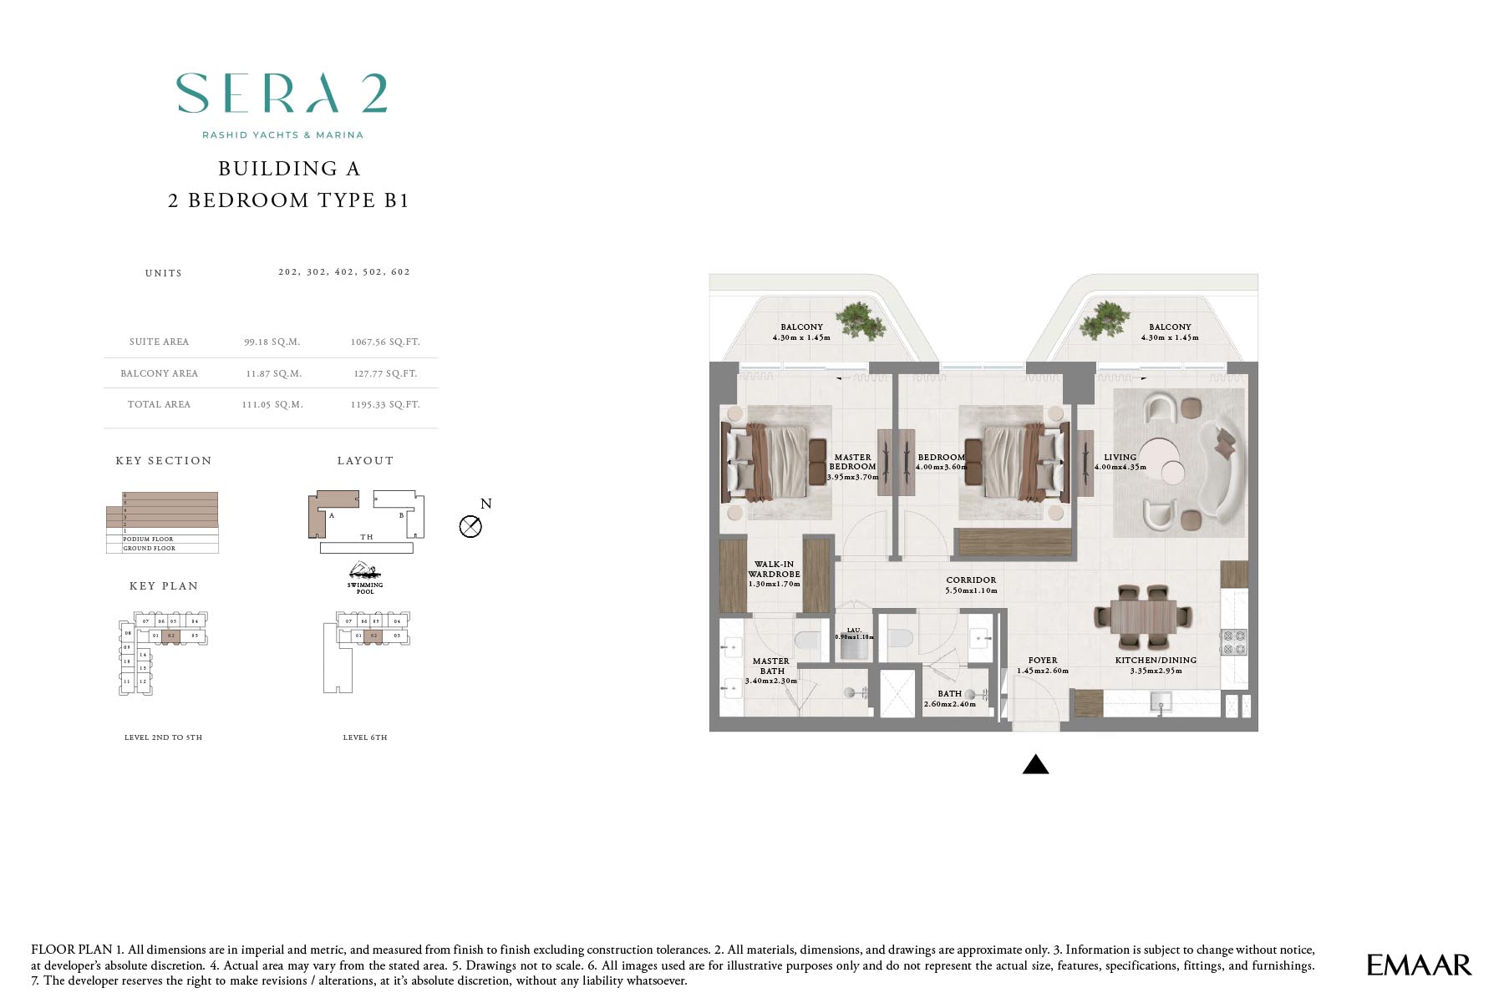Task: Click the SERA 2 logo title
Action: pyautogui.click(x=282, y=93)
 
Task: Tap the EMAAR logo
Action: pyautogui.click(x=1418, y=965)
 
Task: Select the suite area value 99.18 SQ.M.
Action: pyautogui.click(x=272, y=342)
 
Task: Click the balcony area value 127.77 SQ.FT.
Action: pyautogui.click(x=385, y=373)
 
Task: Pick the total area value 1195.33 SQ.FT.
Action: pyautogui.click(x=385, y=404)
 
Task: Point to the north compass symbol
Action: pyautogui.click(x=471, y=526)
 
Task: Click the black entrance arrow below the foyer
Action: pyautogui.click(x=1035, y=764)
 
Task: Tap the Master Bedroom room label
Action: pyautogui.click(x=852, y=463)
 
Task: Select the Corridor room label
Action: pyautogui.click(x=971, y=580)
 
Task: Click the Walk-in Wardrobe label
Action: pyautogui.click(x=774, y=569)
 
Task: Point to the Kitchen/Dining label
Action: pyautogui.click(x=1156, y=660)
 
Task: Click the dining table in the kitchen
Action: pyautogui.click(x=1143, y=617)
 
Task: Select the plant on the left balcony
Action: pyautogui.click(x=861, y=320)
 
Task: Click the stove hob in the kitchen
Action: pyautogui.click(x=1234, y=642)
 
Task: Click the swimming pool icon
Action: pyautogui.click(x=365, y=572)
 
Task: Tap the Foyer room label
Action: pyautogui.click(x=1043, y=660)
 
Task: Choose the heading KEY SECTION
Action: pyautogui.click(x=164, y=461)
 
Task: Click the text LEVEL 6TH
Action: pyautogui.click(x=365, y=737)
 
